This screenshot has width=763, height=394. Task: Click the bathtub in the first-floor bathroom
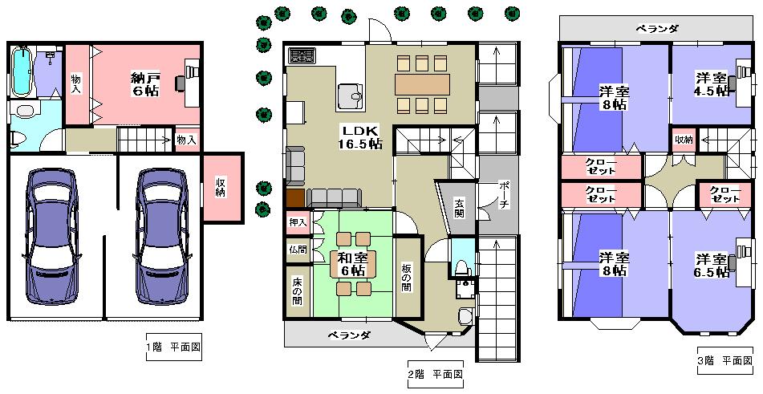(22, 71)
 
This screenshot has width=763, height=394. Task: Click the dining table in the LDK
(422, 83)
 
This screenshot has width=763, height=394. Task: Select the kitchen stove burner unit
(302, 56)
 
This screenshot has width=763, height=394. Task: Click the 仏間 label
(297, 249)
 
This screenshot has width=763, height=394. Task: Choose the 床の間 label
(297, 290)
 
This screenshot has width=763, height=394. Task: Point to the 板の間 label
(407, 276)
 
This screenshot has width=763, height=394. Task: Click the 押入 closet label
(297, 221)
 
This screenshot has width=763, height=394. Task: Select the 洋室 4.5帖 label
(712, 83)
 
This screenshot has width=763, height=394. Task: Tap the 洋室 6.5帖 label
(712, 266)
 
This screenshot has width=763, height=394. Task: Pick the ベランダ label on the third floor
(657, 29)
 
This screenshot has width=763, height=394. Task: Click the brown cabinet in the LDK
(295, 198)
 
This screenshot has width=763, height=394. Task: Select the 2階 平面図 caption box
(434, 374)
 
